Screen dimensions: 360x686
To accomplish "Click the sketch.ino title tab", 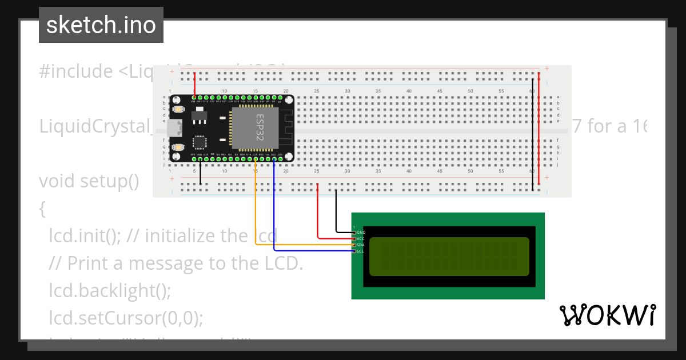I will point(101,25).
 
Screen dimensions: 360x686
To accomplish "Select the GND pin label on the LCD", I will point(361,233).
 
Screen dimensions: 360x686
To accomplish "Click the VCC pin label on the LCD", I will point(361,239).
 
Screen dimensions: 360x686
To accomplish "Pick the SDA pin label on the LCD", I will point(361,245).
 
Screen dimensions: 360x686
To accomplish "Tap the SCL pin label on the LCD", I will point(361,251).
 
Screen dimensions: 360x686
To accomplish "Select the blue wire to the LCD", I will point(274,217).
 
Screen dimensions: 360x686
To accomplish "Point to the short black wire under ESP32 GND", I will point(200,174).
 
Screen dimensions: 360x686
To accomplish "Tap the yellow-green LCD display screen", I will point(449,256).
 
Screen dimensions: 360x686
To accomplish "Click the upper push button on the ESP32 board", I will point(179,109).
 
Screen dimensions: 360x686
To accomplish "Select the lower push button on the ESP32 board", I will point(179,147).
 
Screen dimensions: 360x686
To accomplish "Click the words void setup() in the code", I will point(89,181).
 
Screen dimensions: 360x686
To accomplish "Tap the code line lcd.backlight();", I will point(110,290).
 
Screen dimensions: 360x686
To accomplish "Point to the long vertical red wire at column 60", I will point(539,131).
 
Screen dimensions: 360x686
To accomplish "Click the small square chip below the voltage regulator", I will point(200,142).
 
